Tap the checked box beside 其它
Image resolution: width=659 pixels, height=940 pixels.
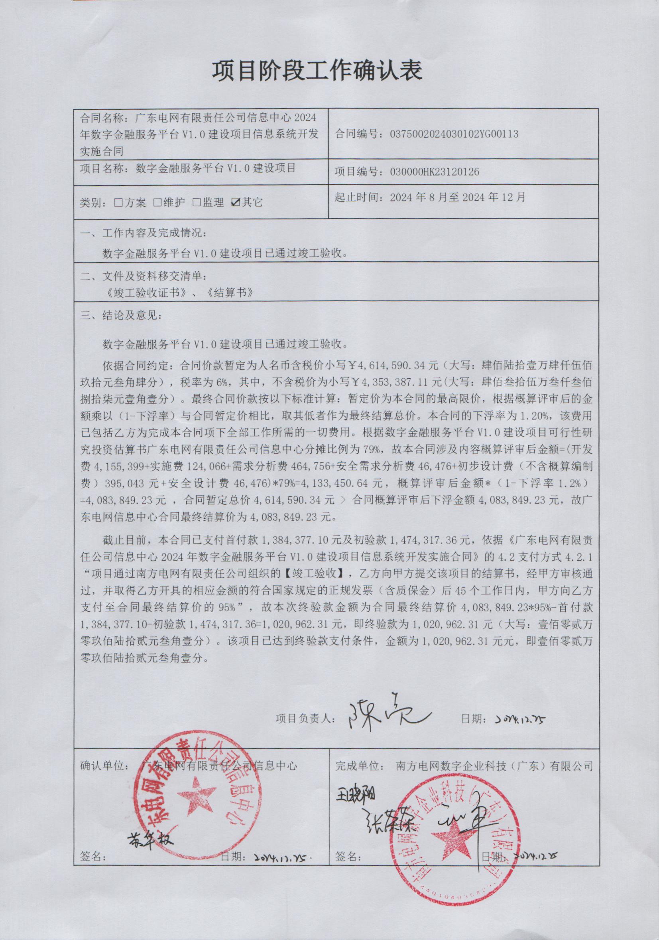[235, 202]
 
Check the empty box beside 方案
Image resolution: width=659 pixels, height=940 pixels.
[119, 202]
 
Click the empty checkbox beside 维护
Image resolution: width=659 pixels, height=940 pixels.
[157, 202]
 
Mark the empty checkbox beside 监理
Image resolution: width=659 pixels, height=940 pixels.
[197, 202]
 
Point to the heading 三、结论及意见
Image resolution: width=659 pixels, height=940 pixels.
[122, 316]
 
